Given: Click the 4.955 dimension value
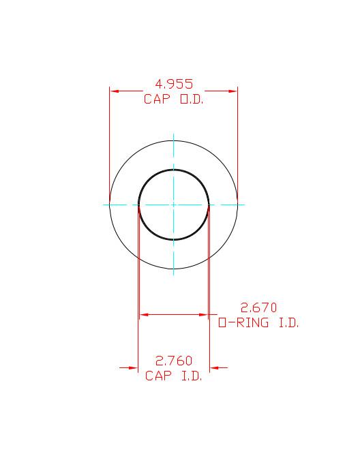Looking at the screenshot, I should (x=174, y=85).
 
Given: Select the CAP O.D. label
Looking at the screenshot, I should (x=174, y=99).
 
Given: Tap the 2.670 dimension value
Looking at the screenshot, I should (x=259, y=308).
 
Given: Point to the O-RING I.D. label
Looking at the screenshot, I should (x=258, y=323).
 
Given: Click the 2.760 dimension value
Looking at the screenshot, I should (x=174, y=361).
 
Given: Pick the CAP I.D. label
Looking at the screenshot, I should (x=174, y=376).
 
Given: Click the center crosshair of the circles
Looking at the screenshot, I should (x=174, y=204).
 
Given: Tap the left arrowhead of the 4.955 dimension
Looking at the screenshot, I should (x=114, y=91).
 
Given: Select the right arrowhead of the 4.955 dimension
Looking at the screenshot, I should (x=233, y=91).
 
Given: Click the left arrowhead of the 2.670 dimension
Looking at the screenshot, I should (x=143, y=315).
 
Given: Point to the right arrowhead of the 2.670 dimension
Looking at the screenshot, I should (x=204, y=315).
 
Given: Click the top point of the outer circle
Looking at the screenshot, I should (x=174, y=140).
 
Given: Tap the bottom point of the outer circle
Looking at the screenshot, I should (x=174, y=268).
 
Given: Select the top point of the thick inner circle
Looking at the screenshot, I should (x=174, y=169).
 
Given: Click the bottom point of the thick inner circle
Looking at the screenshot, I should (x=174, y=239).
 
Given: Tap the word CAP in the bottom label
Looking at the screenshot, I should (x=157, y=376).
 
